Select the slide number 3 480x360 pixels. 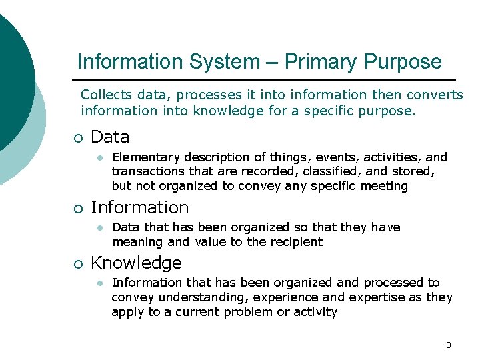(x=448, y=345)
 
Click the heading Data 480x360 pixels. (x=110, y=137)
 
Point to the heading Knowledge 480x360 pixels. (x=136, y=263)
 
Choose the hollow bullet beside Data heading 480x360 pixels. (x=79, y=138)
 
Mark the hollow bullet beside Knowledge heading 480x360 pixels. (x=79, y=263)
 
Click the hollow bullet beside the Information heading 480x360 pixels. (x=79, y=208)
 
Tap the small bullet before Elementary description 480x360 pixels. (x=98, y=158)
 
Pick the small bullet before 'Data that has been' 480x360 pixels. (x=98, y=227)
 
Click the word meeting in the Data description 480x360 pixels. (x=384, y=186)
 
